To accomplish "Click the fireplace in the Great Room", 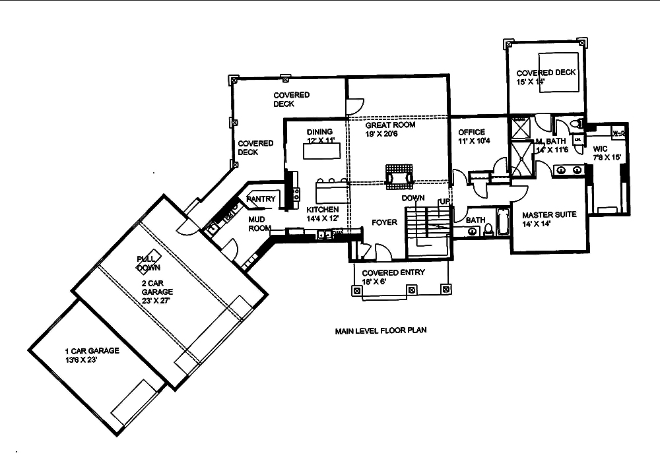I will tap(399, 173).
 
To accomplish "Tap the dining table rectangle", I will tap(323, 151).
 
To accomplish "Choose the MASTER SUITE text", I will tap(549, 215).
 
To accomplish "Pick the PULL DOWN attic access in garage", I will tap(148, 263).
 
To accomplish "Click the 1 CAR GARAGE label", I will tap(92, 351).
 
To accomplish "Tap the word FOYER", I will tap(384, 222).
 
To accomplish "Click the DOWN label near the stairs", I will tap(412, 198).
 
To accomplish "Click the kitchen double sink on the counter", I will tap(323, 233).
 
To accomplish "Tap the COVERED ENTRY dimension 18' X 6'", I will tap(374, 282).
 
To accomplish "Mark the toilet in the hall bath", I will tap(488, 229).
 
